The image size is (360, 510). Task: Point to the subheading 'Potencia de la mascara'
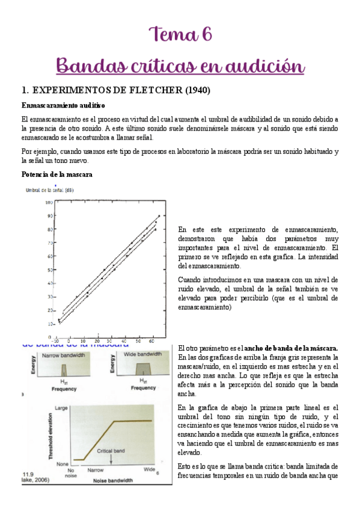click(56, 174)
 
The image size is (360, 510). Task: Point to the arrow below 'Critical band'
click(112, 458)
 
